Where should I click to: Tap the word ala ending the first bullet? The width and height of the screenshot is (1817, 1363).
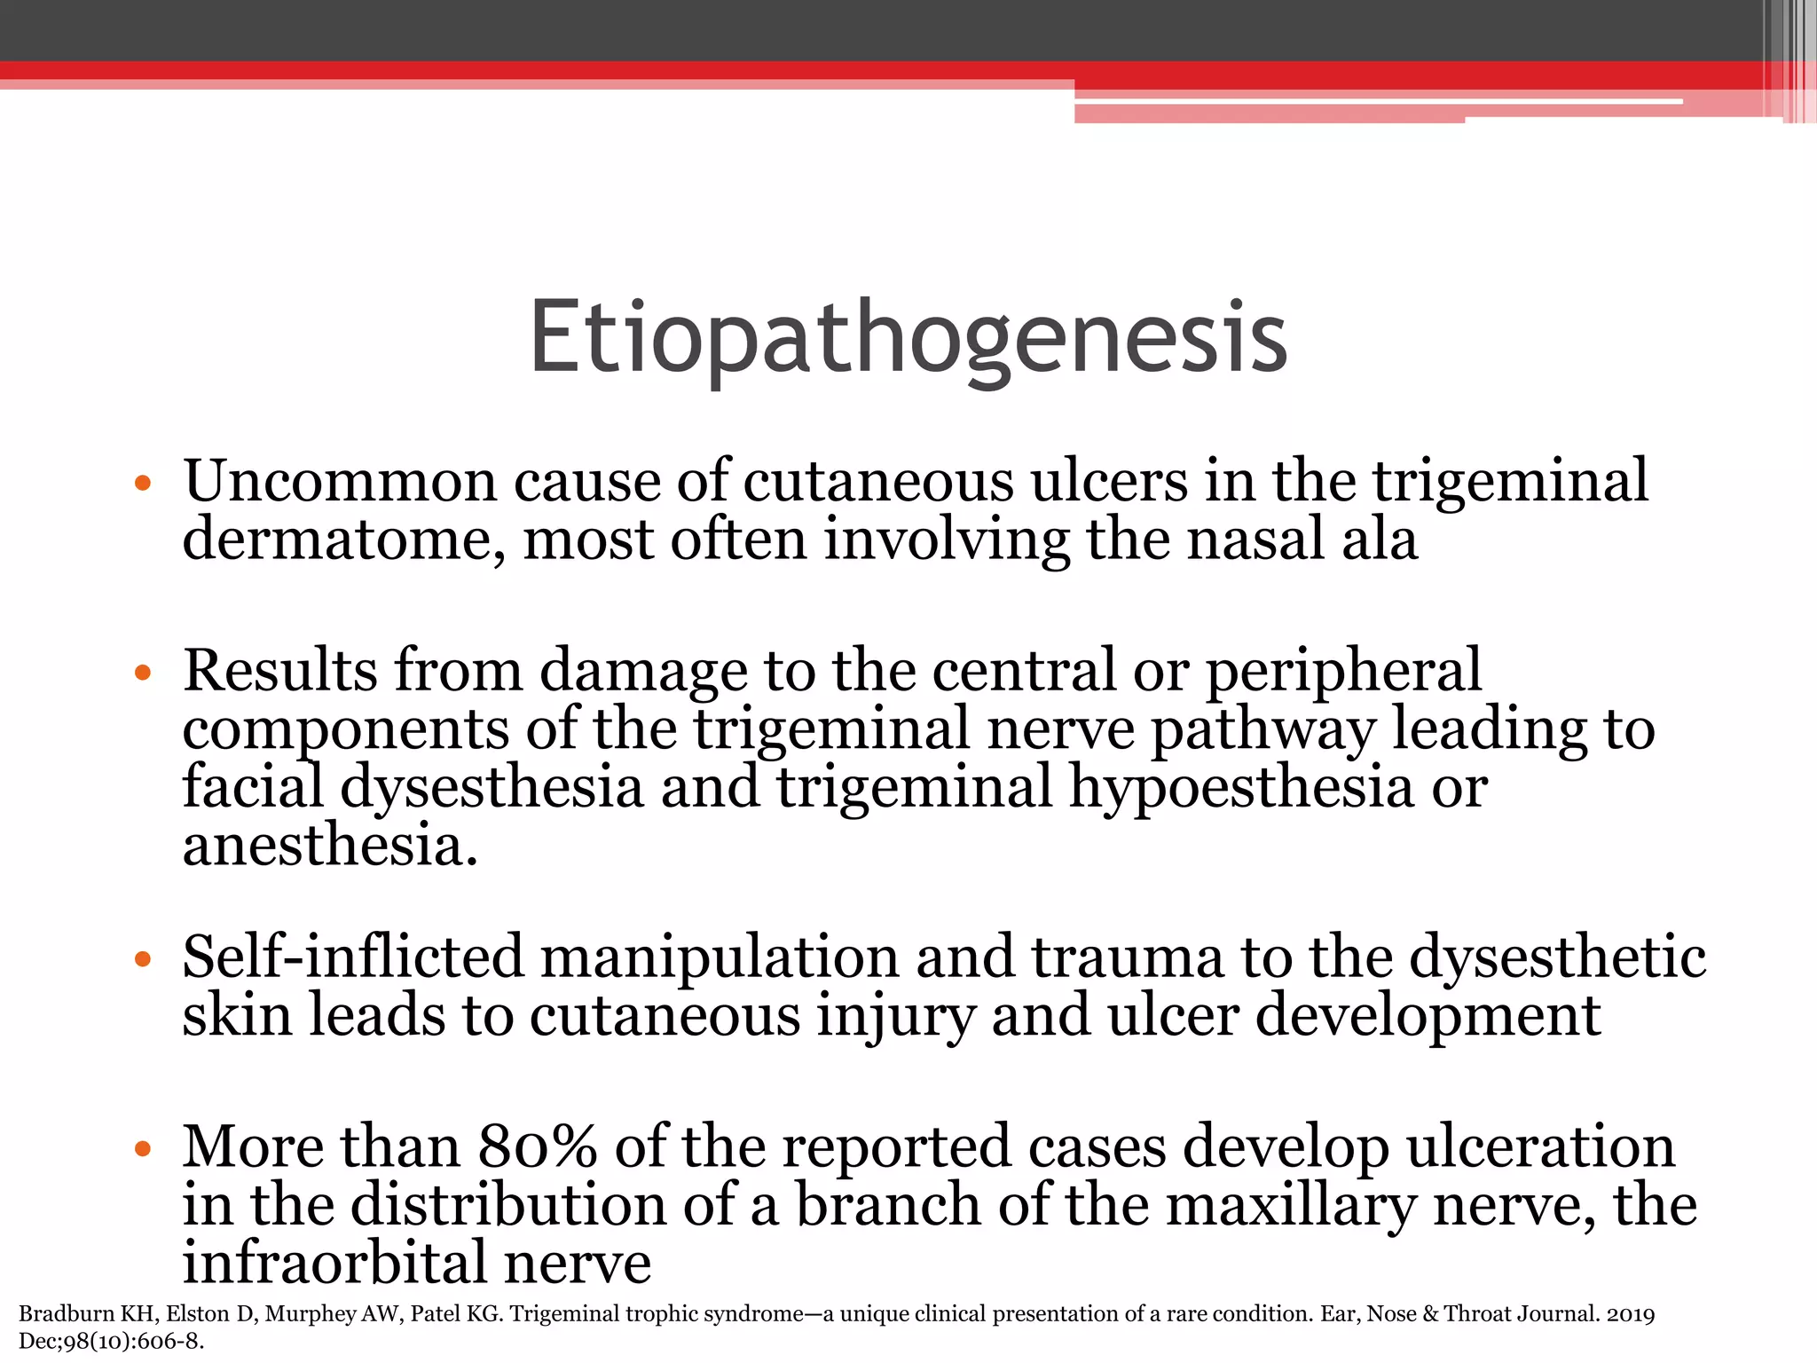1379,540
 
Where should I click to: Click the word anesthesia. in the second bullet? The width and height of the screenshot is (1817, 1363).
330,845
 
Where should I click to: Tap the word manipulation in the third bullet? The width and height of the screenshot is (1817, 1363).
720,958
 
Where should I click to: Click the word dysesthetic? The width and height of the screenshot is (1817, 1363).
1557,958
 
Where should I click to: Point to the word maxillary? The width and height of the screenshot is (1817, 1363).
1290,1206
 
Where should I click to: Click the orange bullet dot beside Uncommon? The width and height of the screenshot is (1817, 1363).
142,485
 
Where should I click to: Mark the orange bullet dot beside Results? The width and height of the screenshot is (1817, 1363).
142,673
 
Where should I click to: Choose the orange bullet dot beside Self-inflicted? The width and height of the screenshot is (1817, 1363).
142,959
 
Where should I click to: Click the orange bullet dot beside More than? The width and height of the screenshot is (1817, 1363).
142,1150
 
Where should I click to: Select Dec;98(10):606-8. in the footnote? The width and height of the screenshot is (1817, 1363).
111,1342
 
